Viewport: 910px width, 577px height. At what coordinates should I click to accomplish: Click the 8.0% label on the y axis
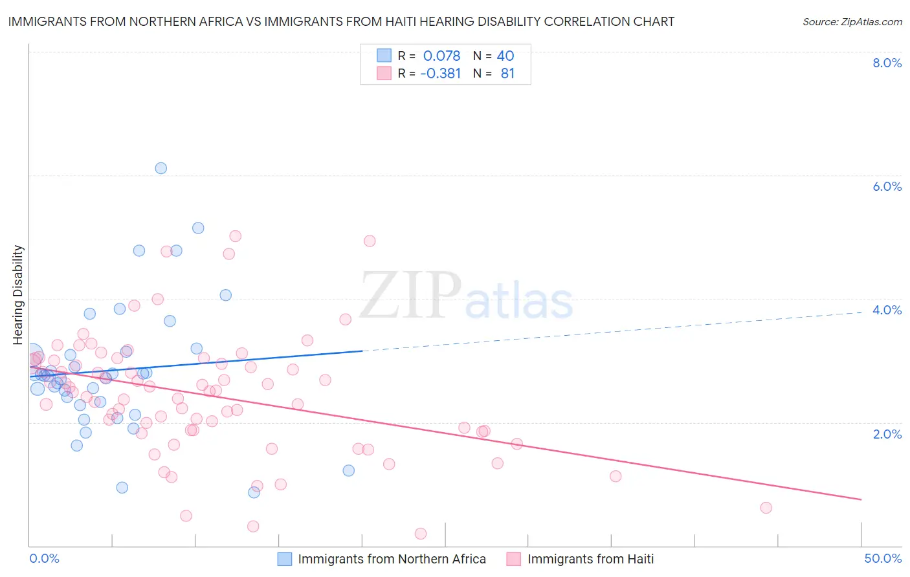pyautogui.click(x=887, y=63)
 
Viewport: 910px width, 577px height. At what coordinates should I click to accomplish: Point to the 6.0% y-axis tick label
pyautogui.click(x=887, y=186)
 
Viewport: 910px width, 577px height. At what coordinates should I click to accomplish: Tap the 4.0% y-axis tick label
pyautogui.click(x=887, y=310)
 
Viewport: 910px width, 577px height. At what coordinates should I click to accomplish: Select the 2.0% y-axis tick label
pyautogui.click(x=887, y=434)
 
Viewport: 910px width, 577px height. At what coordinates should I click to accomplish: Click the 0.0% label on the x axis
pyautogui.click(x=44, y=558)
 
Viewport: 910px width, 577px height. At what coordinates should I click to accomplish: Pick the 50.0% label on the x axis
pyautogui.click(x=883, y=558)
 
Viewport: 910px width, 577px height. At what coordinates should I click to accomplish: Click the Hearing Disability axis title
pyautogui.click(x=18, y=294)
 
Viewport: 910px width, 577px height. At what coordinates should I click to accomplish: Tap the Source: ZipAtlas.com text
pyautogui.click(x=852, y=22)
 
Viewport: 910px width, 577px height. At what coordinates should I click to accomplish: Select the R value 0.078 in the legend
pyautogui.click(x=441, y=56)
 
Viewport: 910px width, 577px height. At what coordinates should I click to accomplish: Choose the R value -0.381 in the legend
pyautogui.click(x=440, y=74)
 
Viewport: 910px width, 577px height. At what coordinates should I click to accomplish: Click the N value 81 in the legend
pyautogui.click(x=507, y=74)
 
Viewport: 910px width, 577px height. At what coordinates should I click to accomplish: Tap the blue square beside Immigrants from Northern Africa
pyautogui.click(x=285, y=559)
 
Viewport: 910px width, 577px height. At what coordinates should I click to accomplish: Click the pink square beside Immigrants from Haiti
pyautogui.click(x=514, y=559)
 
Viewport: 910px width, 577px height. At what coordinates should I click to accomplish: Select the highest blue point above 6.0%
pyautogui.click(x=161, y=168)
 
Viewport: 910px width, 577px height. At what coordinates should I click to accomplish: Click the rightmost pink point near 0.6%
pyautogui.click(x=766, y=508)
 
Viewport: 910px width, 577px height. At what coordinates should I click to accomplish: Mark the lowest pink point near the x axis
pyautogui.click(x=421, y=534)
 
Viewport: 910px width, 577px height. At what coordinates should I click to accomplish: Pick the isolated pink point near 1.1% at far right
pyautogui.click(x=616, y=476)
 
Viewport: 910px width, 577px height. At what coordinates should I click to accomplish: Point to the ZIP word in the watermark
pyautogui.click(x=410, y=295)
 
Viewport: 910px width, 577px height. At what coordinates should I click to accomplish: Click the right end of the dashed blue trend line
pyautogui.click(x=861, y=312)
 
